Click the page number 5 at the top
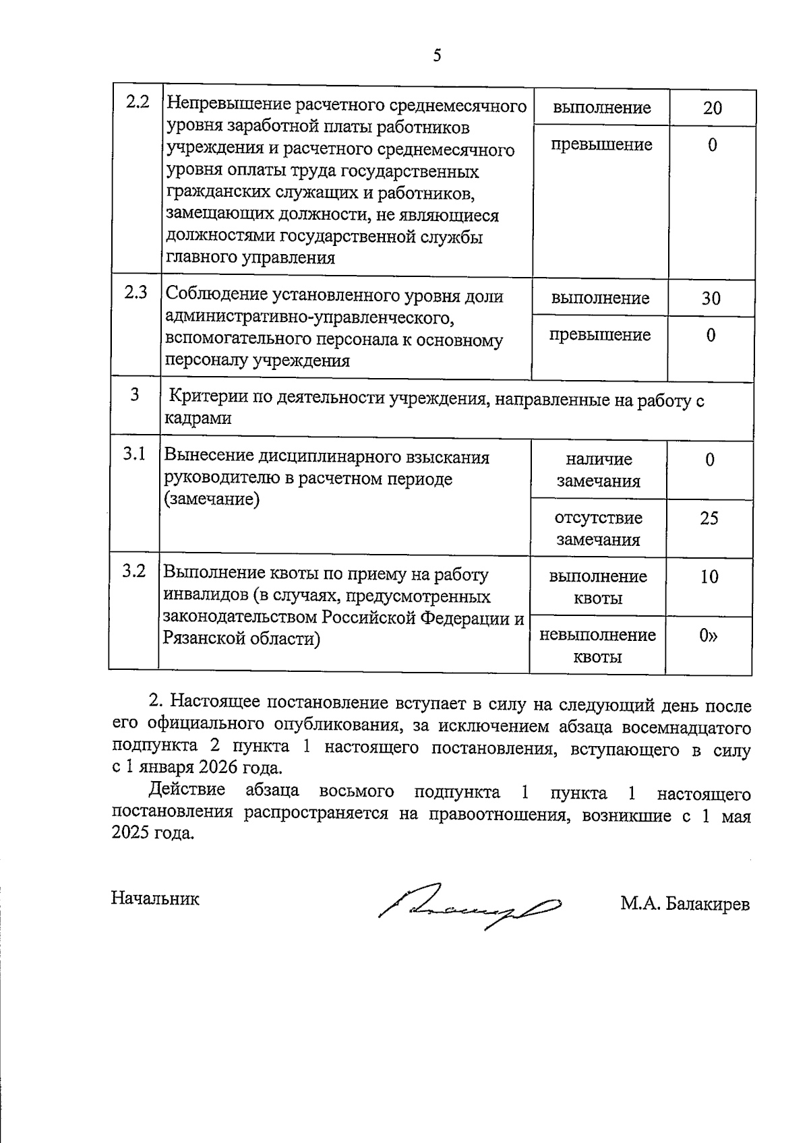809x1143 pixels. click(x=437, y=55)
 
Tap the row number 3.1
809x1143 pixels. click(x=134, y=454)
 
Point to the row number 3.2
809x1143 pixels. click(x=134, y=571)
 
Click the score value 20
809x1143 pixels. click(x=712, y=108)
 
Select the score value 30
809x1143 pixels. click(x=711, y=298)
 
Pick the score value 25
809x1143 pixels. click(x=709, y=518)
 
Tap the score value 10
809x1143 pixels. click(x=709, y=576)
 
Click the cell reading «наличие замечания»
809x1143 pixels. click(x=598, y=470)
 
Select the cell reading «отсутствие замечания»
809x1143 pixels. click(x=598, y=528)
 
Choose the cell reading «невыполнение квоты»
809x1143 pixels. click(x=597, y=646)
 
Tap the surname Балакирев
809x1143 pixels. click(x=707, y=904)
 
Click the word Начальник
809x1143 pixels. click(x=155, y=898)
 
